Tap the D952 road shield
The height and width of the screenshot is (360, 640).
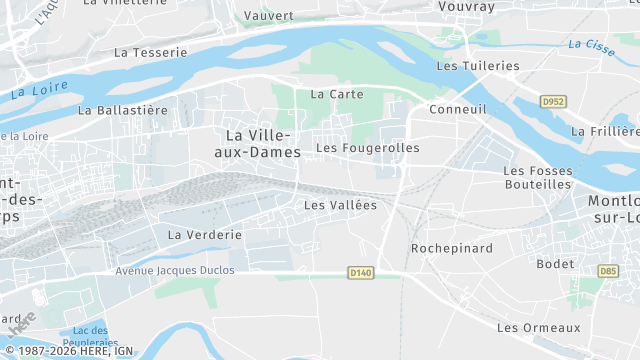tap(552, 102)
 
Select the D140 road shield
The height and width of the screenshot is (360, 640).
tap(361, 272)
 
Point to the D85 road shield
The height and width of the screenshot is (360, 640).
tap(608, 270)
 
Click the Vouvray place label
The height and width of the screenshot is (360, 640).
tap(467, 6)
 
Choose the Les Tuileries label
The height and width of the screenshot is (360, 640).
tap(478, 66)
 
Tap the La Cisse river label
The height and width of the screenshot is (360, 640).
tap(589, 45)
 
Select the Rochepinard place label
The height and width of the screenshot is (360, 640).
tap(447, 248)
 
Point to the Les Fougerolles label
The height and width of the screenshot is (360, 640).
tap(367, 148)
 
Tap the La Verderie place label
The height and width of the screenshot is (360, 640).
tap(205, 235)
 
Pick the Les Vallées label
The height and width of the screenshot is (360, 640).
tap(340, 205)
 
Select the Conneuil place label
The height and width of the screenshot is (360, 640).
tap(457, 109)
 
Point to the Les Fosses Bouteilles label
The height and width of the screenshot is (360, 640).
tap(537, 177)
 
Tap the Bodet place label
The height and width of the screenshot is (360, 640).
tap(555, 264)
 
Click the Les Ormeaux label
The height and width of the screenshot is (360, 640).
tap(538, 328)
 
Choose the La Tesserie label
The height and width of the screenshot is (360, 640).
tap(151, 52)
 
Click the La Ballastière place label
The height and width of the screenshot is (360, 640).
tap(123, 110)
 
